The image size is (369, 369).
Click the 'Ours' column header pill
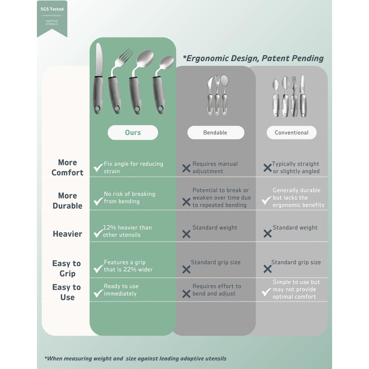pos(133,132)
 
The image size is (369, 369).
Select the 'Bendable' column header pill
pos(215,132)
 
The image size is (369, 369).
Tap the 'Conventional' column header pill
pos(292,132)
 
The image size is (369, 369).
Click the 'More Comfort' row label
pos(67,167)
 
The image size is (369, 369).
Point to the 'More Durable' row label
pos(67,201)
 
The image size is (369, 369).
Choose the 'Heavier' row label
pos(67,234)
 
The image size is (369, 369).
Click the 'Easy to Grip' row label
pos(66,268)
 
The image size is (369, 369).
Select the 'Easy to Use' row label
pos(67,292)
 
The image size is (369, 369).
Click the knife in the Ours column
pos(98,78)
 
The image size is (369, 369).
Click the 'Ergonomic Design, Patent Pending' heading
pos(253,59)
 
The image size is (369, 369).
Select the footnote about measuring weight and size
pos(135,358)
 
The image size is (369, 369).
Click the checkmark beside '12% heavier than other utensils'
pos(98,233)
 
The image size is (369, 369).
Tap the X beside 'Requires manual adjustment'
pos(186,168)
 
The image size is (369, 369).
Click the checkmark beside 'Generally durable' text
pos(266,200)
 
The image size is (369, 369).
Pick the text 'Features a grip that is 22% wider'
pos(128,266)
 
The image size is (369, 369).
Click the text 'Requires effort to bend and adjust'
pos(216,290)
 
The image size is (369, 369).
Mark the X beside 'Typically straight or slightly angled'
pos(267,168)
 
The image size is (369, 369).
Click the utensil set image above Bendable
pos(217,95)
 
